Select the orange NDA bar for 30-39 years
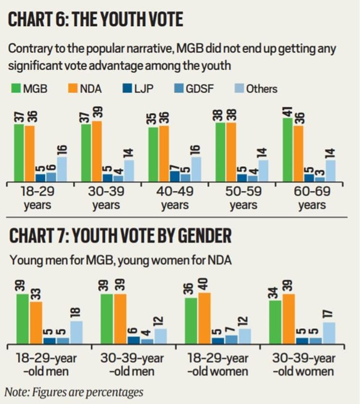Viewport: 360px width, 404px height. coord(97,151)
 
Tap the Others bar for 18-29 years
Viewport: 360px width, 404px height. coord(62,169)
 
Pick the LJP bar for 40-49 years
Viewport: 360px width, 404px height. coord(175,177)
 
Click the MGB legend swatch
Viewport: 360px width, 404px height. coord(15,88)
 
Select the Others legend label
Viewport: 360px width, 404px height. coord(261,88)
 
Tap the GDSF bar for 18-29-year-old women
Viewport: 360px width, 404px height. coord(231,339)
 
